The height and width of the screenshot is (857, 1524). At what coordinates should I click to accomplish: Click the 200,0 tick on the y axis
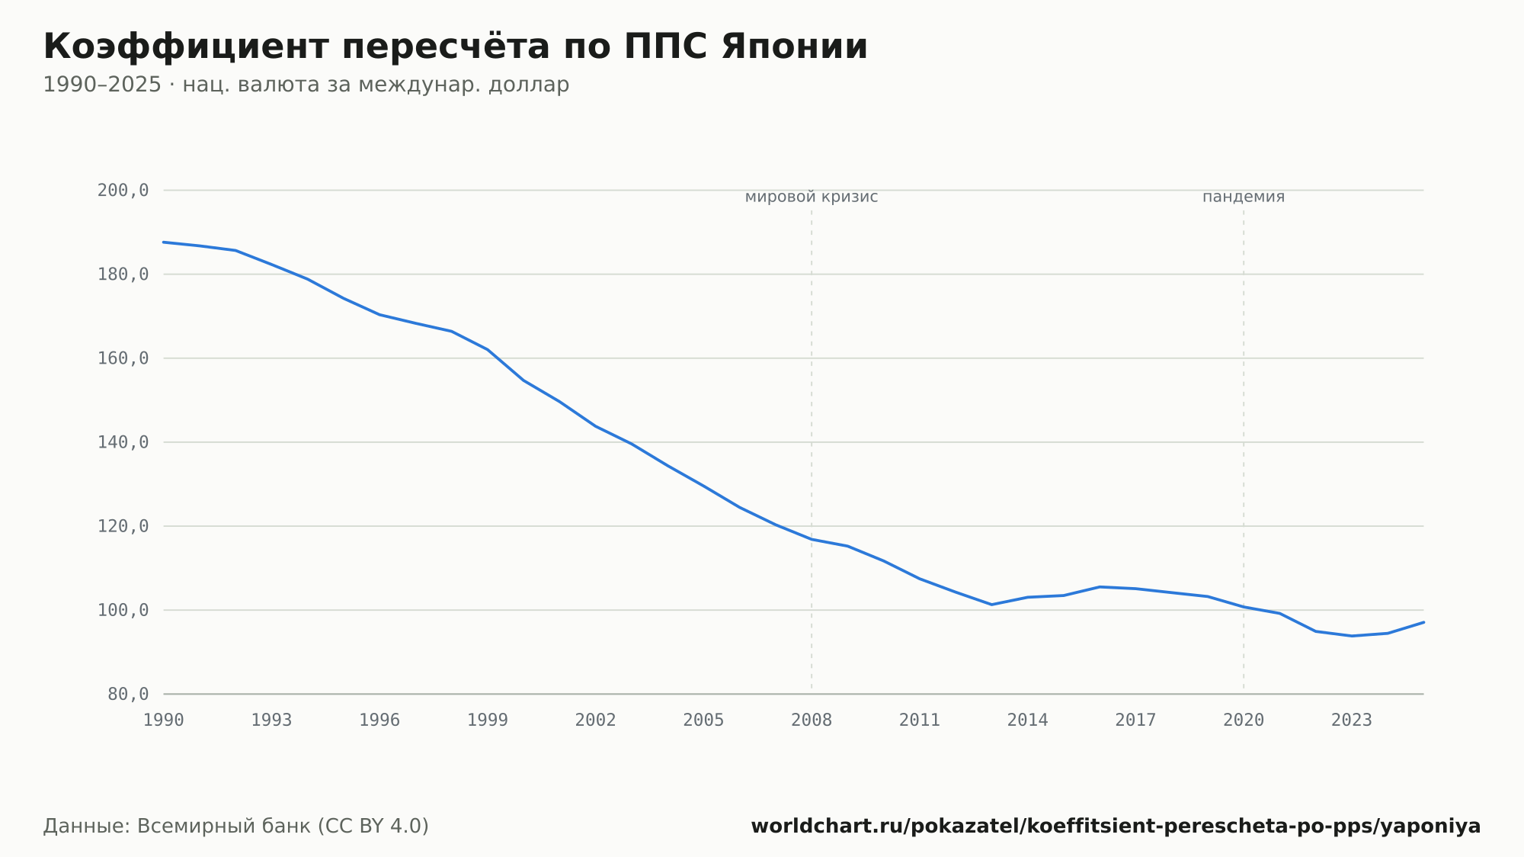123,191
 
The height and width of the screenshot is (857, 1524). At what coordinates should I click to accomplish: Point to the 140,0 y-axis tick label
123,442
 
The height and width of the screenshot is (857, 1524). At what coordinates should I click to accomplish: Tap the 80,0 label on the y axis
128,694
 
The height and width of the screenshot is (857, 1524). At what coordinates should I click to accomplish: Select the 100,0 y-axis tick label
123,610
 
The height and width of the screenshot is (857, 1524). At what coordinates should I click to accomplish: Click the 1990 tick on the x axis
164,721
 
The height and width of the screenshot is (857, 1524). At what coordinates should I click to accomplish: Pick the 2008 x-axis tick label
812,721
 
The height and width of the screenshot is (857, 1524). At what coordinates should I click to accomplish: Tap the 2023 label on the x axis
1352,721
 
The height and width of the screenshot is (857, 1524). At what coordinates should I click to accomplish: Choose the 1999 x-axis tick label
488,721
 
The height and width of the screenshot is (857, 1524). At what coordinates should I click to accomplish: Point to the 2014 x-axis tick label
1028,721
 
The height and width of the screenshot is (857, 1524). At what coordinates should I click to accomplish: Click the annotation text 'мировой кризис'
812,197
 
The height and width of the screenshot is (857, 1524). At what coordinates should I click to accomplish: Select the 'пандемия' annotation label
1244,197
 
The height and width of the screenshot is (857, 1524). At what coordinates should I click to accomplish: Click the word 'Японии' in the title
795,47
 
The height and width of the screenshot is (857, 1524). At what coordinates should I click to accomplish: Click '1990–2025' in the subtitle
102,85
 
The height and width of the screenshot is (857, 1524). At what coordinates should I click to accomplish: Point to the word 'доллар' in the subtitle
529,85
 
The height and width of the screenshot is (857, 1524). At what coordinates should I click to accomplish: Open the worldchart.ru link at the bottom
1116,827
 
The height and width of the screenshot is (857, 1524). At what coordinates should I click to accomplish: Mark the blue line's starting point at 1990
164,242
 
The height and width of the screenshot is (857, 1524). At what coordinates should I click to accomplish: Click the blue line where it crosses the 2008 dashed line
812,539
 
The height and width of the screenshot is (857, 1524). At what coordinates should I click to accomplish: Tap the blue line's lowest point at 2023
1352,636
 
